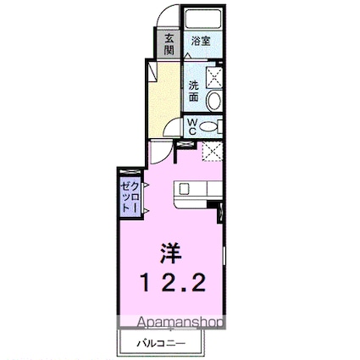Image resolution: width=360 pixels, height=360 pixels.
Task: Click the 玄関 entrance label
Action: pos(169,42)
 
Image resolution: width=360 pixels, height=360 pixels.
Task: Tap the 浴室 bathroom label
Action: pos(200,40)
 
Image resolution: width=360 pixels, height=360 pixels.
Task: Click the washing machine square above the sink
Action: pos(213,75)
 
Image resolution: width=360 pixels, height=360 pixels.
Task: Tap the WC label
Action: pos(193,127)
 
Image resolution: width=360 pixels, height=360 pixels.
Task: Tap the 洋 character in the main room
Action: pos(172,252)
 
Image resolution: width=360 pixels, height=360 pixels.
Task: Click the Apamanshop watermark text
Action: pos(174,323)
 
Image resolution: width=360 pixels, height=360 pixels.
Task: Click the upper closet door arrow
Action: pos(146,186)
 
